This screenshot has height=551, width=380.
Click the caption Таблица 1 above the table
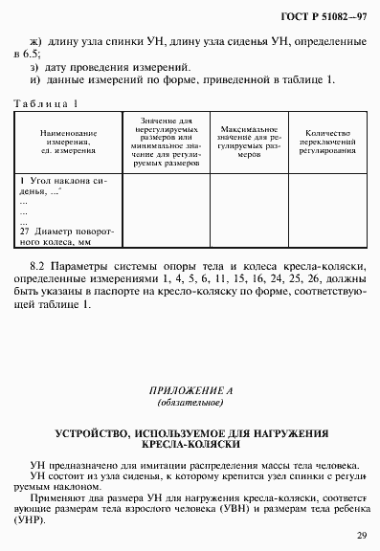point(44,102)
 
